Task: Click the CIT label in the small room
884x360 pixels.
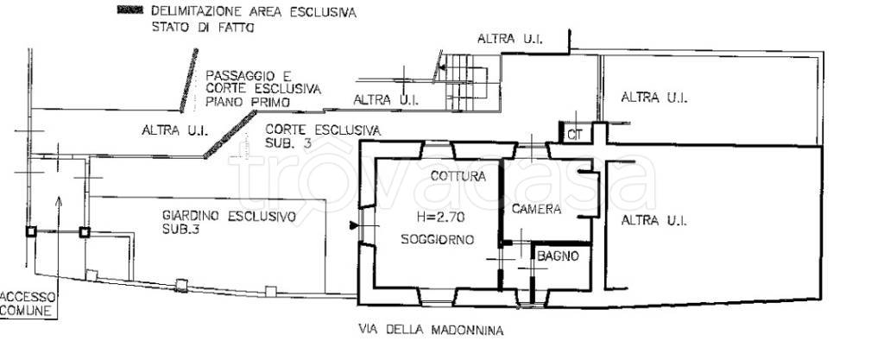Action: (x=574, y=134)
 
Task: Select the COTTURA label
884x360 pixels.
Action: (x=458, y=176)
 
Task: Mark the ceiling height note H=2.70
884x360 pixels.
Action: (x=423, y=219)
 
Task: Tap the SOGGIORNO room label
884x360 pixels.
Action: (x=436, y=240)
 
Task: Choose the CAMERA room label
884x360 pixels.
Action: (x=536, y=209)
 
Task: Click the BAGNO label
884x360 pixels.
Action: (x=559, y=256)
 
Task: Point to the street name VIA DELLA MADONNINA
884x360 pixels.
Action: (x=429, y=330)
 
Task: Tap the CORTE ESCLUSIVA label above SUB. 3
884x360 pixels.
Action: (x=323, y=129)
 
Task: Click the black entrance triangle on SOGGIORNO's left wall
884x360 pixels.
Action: (x=352, y=226)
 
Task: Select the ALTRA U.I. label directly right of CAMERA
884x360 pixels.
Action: (x=654, y=221)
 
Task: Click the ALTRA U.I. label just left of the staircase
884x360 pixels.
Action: (x=386, y=100)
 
